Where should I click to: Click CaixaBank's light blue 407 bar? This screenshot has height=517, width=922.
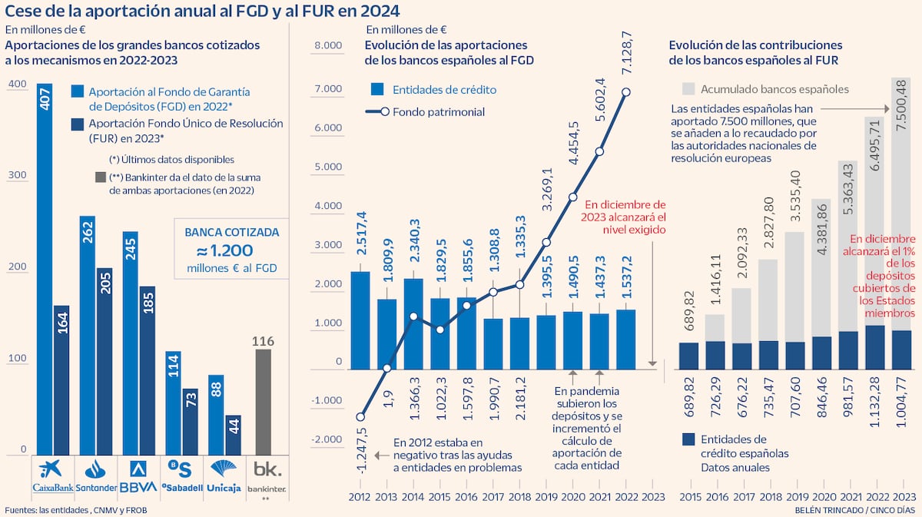[x=45, y=269]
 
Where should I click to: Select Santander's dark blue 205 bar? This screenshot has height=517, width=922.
[x=104, y=361]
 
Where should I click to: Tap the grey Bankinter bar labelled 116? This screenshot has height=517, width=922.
[x=264, y=403]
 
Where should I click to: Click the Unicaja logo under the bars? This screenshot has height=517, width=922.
[x=224, y=476]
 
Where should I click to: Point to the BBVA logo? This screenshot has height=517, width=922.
[x=138, y=476]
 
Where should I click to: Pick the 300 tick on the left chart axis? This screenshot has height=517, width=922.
[x=17, y=175]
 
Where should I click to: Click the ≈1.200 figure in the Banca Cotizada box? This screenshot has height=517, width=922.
[x=225, y=250]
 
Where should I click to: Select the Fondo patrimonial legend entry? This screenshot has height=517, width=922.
[x=425, y=112]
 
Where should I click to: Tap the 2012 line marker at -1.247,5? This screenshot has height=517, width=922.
[x=360, y=417]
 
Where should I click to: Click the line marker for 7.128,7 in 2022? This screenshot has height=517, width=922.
[x=626, y=91]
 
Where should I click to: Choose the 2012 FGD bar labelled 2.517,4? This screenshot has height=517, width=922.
[x=360, y=320]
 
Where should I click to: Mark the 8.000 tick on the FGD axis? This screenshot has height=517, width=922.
[x=329, y=45]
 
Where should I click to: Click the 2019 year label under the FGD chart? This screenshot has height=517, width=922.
[x=546, y=497]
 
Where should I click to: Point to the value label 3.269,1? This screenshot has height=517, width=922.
[x=548, y=189]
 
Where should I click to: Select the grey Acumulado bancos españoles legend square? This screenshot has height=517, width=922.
[x=688, y=89]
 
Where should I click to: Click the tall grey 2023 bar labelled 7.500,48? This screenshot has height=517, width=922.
[x=900, y=204]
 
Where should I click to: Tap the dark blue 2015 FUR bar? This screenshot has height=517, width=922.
[x=688, y=356]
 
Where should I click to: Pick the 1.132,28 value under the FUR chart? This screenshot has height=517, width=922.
[x=874, y=402]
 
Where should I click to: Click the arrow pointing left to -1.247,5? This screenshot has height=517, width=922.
[x=382, y=456]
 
